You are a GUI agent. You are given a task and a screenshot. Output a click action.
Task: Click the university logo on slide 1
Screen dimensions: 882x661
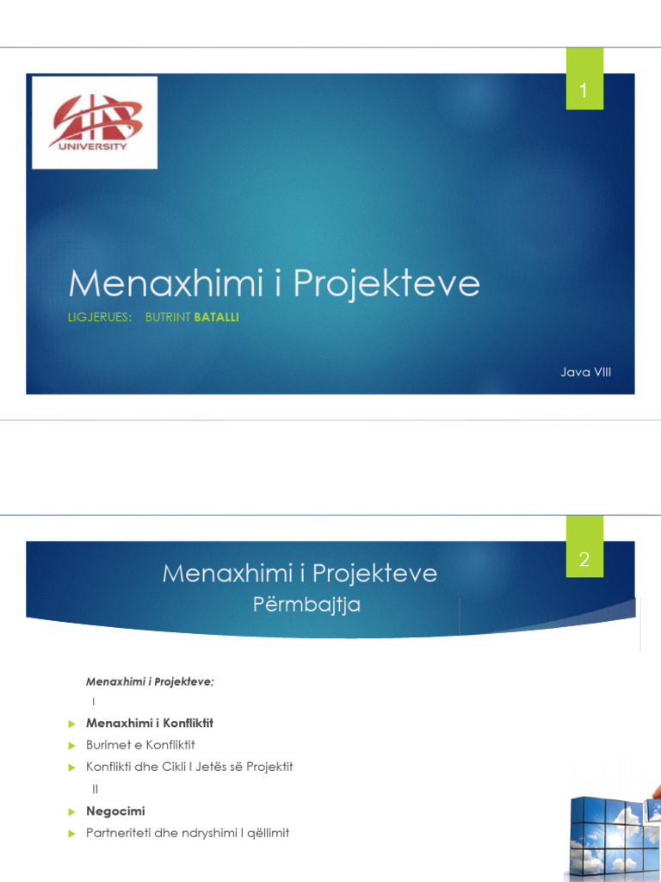(95, 121)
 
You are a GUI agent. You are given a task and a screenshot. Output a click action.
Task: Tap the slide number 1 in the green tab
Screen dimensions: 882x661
(584, 90)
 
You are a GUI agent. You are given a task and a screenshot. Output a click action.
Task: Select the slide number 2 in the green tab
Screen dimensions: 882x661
(584, 560)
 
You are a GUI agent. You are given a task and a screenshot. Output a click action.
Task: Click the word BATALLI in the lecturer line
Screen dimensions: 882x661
(217, 318)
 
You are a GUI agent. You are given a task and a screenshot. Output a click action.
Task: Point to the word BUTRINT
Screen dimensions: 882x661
(169, 318)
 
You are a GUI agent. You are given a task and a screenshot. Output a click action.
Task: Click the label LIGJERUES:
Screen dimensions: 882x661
(100, 318)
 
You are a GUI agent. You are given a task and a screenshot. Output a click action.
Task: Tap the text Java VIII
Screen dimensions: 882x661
(586, 371)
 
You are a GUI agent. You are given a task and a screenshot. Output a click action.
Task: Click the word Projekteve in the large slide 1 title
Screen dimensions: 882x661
(386, 283)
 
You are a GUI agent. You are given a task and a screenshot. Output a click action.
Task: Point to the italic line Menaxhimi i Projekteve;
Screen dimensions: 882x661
(150, 681)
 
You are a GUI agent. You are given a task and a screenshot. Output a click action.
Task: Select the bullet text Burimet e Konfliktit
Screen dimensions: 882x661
(146, 744)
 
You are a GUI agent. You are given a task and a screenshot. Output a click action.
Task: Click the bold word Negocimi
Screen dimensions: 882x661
(115, 811)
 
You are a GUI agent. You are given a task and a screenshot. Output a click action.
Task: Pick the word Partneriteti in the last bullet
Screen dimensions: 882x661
(120, 833)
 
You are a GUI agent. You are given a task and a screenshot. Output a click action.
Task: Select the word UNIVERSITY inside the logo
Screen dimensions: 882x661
(94, 146)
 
